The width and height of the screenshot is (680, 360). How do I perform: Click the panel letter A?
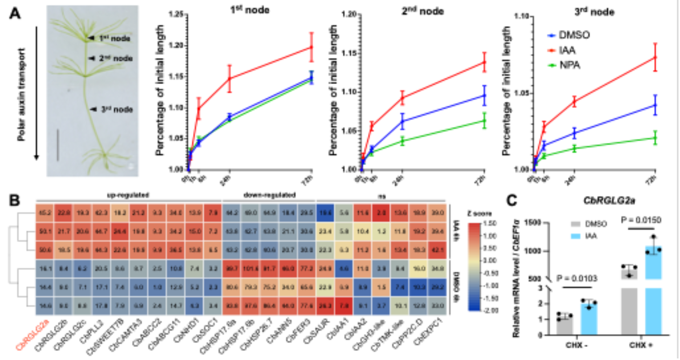[x=15, y=14]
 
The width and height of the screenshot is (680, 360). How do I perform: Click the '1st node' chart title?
[x=250, y=10]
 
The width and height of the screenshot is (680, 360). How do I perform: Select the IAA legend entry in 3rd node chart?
[x=567, y=50]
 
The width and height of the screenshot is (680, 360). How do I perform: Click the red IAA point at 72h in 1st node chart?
[x=312, y=47]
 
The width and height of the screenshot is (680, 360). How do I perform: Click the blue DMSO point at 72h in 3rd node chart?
[x=655, y=105]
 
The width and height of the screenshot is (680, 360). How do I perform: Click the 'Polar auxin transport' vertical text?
[x=21, y=94]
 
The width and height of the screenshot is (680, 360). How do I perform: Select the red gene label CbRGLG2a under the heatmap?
[x=33, y=334]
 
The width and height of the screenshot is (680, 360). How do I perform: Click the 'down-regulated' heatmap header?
[x=269, y=195]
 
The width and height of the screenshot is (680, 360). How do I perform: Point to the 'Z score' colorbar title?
[x=479, y=213]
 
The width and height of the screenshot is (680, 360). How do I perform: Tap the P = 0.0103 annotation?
[x=577, y=279]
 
